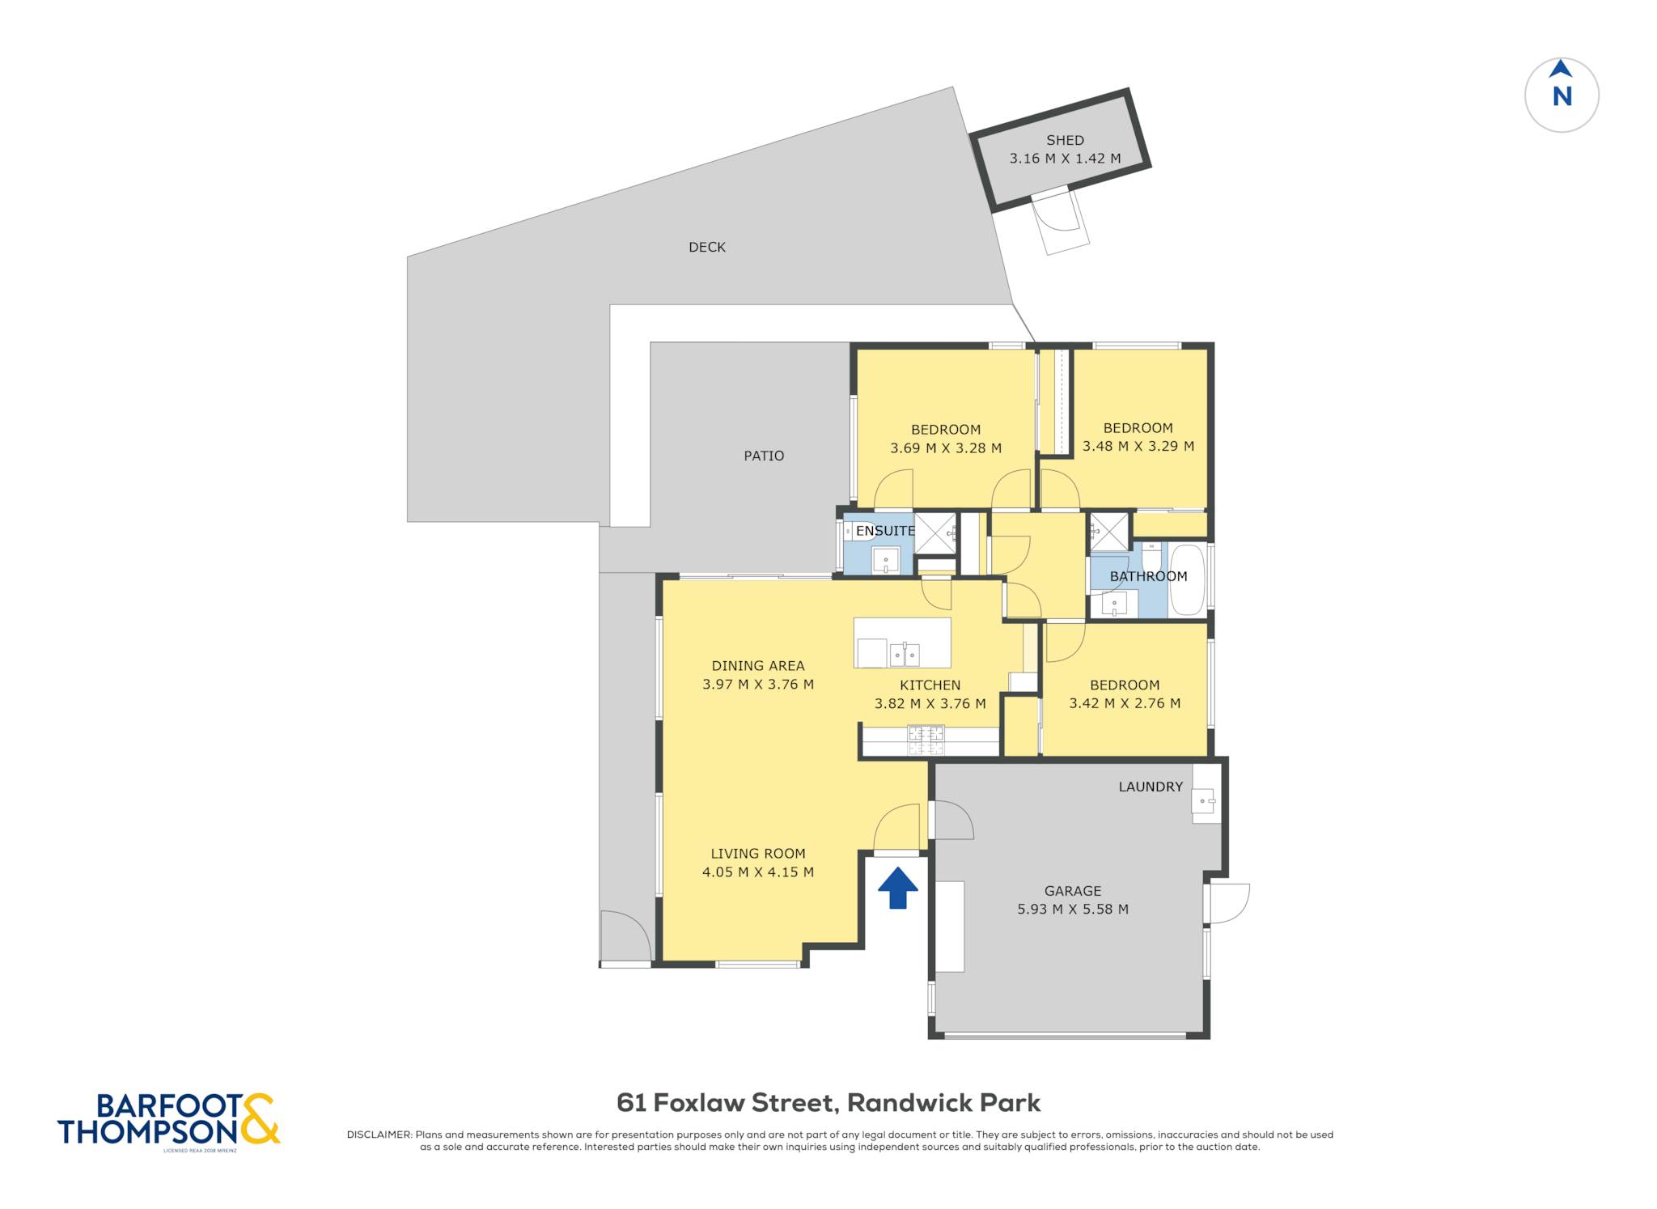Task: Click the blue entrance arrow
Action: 898,888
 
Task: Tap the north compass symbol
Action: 1562,95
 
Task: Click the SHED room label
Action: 1065,140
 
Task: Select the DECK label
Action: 707,247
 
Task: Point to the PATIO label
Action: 764,456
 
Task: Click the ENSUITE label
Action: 885,531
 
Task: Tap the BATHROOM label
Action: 1148,576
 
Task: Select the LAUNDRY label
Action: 1151,787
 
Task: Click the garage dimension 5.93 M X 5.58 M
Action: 1073,909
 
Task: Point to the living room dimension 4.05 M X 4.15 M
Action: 758,872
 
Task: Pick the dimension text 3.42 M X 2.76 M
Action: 1125,703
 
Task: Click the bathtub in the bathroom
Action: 1187,579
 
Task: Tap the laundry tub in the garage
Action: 1205,800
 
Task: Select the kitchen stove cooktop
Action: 926,740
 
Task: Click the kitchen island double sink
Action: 905,654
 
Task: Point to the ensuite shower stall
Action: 935,532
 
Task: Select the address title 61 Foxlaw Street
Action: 725,1103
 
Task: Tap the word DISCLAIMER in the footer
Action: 379,1135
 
